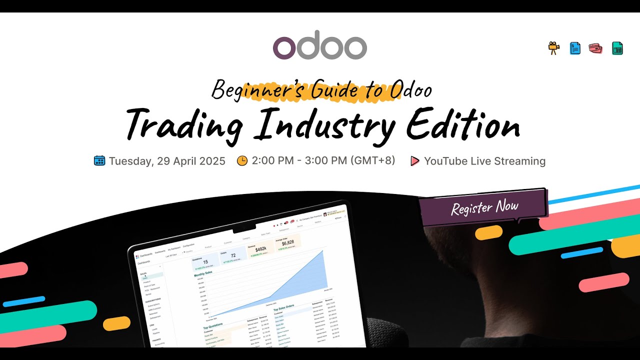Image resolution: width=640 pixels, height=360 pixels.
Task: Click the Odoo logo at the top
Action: pos(320,48)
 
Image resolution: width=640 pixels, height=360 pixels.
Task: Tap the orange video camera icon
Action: pos(553,48)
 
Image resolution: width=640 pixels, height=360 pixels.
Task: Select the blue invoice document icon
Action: pos(575,48)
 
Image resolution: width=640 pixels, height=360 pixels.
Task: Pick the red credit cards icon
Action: pos(595,48)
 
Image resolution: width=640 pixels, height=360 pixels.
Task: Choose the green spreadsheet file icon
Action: pos(617,48)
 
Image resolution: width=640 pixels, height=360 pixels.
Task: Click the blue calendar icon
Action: pos(99,160)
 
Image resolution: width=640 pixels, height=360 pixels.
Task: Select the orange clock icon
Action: pos(242,160)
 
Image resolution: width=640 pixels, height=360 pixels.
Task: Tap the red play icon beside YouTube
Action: pos(414,161)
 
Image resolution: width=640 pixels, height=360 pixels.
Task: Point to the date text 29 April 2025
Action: pos(191,161)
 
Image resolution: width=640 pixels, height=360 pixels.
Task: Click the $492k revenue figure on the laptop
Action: pos(260,249)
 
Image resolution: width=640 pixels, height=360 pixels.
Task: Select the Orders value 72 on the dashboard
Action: pos(233,256)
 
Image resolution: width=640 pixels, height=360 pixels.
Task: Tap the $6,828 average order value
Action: pos(287,242)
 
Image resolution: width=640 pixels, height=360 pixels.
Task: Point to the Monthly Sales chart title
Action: pos(203,273)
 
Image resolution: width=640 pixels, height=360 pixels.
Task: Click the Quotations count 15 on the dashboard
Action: pos(205,262)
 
